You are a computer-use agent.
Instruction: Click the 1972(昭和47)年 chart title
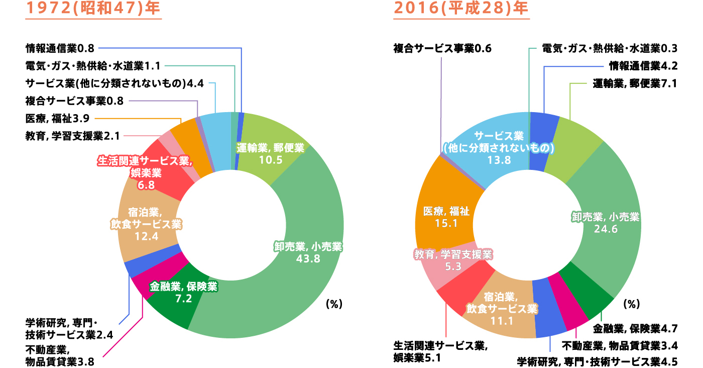(x=93, y=10)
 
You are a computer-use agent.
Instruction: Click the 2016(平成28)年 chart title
(x=461, y=10)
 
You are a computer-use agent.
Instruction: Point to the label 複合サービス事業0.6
(x=442, y=48)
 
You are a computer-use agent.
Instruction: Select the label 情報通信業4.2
(x=643, y=65)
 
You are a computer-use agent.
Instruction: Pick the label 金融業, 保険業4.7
(x=635, y=329)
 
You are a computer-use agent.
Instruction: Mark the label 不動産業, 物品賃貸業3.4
(x=620, y=346)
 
